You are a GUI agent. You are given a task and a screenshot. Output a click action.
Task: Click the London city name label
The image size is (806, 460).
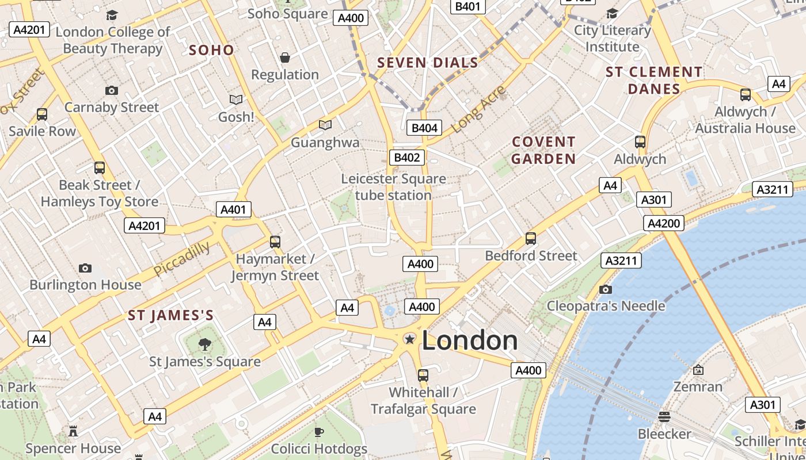(x=470, y=341)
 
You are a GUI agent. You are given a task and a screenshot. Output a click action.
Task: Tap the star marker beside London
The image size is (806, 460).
(x=410, y=340)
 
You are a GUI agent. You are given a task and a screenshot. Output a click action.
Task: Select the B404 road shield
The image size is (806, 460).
(x=424, y=128)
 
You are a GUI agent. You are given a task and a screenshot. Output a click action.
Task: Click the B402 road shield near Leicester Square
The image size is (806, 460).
(x=408, y=158)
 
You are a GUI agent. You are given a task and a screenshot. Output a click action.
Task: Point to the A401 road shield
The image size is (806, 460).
(x=234, y=209)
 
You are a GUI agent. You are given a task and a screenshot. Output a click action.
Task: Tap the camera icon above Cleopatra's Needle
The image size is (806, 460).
(x=605, y=289)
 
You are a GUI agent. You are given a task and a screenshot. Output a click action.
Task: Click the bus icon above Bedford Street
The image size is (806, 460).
(x=531, y=238)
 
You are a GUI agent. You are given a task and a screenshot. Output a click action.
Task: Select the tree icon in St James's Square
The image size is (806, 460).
(x=204, y=344)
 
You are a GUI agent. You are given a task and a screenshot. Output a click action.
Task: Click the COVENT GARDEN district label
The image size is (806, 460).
(x=543, y=150)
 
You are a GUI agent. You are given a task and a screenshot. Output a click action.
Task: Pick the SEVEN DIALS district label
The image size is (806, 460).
(x=428, y=63)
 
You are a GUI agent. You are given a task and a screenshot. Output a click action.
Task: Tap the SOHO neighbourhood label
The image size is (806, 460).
(x=212, y=50)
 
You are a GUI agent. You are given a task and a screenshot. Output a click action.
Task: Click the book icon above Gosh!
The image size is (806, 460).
(x=236, y=100)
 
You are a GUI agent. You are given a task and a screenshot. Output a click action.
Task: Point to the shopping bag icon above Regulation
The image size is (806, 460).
(x=285, y=57)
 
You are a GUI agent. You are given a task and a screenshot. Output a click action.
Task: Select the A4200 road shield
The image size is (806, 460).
(x=664, y=223)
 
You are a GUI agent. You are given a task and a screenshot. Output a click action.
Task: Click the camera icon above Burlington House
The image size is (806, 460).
(x=85, y=268)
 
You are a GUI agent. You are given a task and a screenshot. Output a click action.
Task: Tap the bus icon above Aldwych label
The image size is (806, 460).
(x=640, y=142)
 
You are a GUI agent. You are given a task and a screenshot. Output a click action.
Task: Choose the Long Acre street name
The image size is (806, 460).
(x=479, y=109)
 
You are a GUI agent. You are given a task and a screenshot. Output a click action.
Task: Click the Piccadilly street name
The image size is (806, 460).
(x=182, y=258)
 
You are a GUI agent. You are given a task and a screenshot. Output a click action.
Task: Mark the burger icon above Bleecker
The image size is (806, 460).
(x=664, y=416)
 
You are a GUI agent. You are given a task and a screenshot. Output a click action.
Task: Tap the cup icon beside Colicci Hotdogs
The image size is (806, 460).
(x=319, y=432)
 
